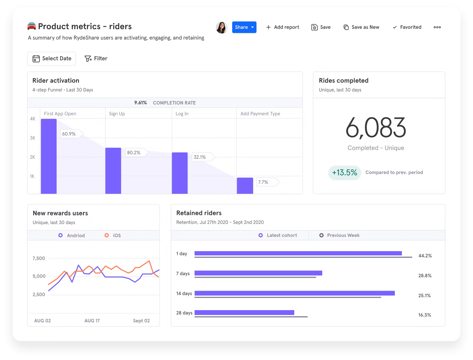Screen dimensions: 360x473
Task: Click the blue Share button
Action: [244, 27]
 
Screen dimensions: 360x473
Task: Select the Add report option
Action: [282, 27]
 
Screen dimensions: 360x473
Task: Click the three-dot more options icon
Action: [437, 27]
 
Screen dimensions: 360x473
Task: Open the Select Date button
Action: [52, 58]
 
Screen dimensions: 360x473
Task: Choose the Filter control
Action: [96, 58]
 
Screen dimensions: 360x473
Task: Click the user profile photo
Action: [222, 27]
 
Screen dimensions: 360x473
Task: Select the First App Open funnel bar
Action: [49, 156]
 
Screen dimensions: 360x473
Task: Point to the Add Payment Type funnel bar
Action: [245, 185]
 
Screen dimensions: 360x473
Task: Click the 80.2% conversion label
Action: [134, 153]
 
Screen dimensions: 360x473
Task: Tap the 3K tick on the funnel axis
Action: [33, 138]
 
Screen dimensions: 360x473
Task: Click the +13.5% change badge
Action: [344, 172]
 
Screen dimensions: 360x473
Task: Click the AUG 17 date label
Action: [92, 320]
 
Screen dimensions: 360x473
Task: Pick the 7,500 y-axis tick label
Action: [39, 258]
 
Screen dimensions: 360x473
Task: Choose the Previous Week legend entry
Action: [340, 235]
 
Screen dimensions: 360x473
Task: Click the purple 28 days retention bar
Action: [244, 312]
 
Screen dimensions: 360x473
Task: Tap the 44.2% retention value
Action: [425, 256]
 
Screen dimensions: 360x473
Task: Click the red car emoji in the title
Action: [32, 26]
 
